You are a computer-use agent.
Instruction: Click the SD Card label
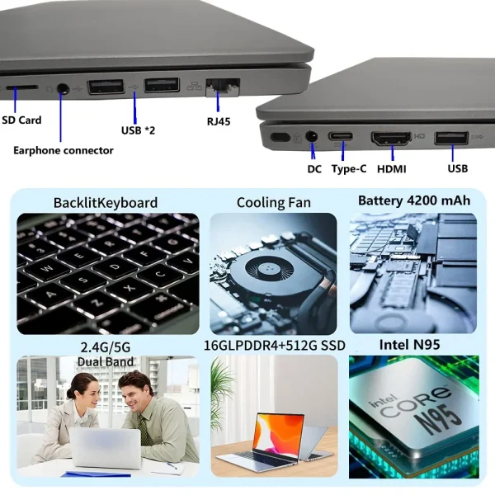pos(21,120)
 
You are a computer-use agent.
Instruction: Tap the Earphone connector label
pos(64,150)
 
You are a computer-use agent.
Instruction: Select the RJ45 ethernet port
pos(222,84)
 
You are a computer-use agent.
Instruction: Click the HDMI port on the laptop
pos(392,138)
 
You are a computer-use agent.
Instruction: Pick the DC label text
pos(314,168)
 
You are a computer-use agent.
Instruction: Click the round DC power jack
pos(313,135)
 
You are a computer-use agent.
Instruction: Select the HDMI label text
pos(392,168)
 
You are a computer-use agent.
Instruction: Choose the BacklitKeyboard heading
pos(105,202)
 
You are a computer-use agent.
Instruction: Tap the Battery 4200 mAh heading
pos(414,200)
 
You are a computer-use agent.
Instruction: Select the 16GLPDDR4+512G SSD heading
pos(274,345)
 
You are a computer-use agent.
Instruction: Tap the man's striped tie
pos(144,429)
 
